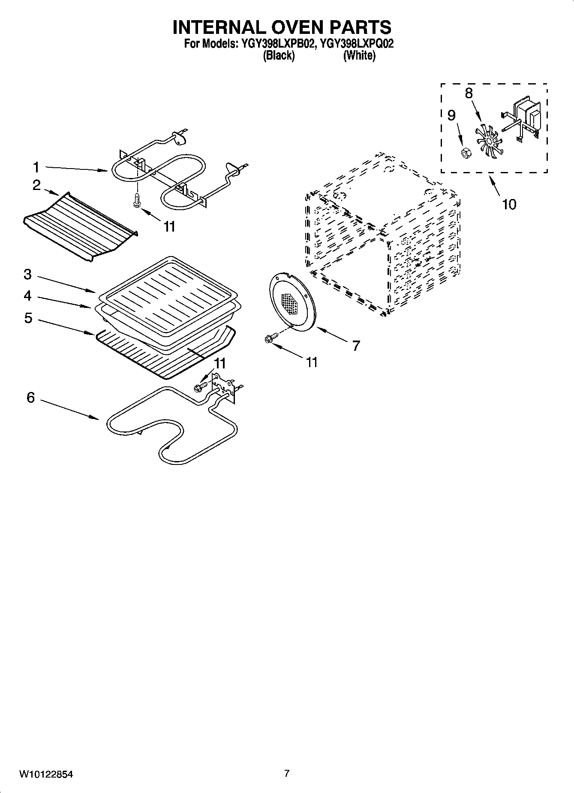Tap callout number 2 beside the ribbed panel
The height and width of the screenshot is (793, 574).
click(x=36, y=185)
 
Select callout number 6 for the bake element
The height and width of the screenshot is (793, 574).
click(x=30, y=398)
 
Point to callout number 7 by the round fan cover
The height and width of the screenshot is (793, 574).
click(x=356, y=345)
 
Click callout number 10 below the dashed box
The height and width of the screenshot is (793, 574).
click(x=509, y=204)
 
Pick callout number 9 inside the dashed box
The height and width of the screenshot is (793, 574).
click(x=451, y=115)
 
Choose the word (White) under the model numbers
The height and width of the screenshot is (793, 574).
click(x=359, y=56)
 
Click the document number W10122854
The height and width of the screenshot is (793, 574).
click(x=46, y=775)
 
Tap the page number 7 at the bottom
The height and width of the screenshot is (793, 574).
click(x=287, y=774)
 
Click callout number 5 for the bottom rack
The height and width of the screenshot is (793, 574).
click(x=28, y=318)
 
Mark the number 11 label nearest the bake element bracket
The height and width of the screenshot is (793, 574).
click(x=219, y=363)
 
